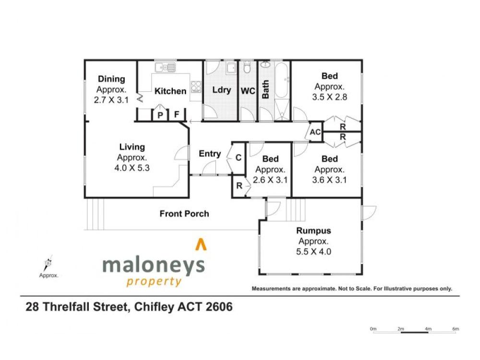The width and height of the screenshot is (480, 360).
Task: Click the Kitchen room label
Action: tap(170, 91)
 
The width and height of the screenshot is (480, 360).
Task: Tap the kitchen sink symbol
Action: tap(165, 67)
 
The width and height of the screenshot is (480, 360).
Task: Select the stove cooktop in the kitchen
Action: tap(196, 86)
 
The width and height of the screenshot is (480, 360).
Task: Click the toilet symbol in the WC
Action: tap(247, 67)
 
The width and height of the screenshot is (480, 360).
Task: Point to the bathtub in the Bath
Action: tap(282, 80)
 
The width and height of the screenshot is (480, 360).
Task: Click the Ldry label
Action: tap(221, 90)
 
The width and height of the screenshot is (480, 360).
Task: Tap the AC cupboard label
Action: tap(315, 132)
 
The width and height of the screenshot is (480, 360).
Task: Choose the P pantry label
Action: tap(160, 115)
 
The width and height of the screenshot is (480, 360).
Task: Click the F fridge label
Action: tap(177, 115)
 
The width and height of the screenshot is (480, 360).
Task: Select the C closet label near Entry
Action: tap(239, 157)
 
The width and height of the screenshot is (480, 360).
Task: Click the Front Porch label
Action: tap(184, 214)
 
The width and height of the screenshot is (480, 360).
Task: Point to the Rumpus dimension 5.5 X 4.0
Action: tap(313, 252)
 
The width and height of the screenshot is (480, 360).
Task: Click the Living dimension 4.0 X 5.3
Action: tap(132, 168)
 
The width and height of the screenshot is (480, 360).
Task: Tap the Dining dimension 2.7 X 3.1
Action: tap(111, 100)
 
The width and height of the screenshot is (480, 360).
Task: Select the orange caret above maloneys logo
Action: tap(201, 244)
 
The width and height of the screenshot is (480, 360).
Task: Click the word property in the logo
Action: tap(154, 281)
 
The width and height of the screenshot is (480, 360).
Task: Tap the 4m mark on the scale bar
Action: tap(428, 329)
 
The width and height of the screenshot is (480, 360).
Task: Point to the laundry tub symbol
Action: tap(231, 68)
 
